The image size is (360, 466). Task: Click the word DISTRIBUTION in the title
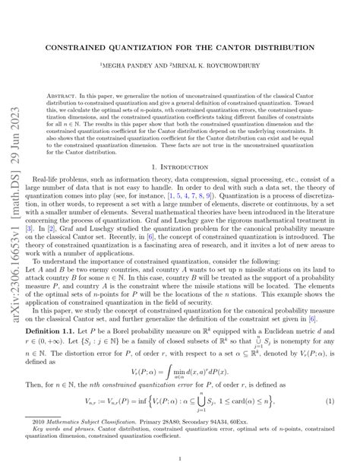pyautogui.click(x=289, y=46)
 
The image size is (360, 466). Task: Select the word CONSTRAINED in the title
pyautogui.click(x=80, y=46)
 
